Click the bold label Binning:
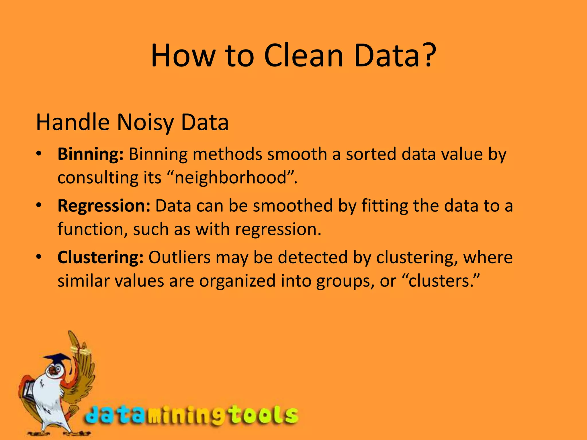[x=91, y=154]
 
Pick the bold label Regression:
[x=104, y=206]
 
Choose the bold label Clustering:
[x=100, y=258]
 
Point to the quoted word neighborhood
[x=231, y=178]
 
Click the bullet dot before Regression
[x=39, y=205]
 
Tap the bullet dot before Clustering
[x=39, y=257]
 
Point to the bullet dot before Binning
[x=39, y=154]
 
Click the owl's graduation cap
[x=58, y=359]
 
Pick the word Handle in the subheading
[x=73, y=123]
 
